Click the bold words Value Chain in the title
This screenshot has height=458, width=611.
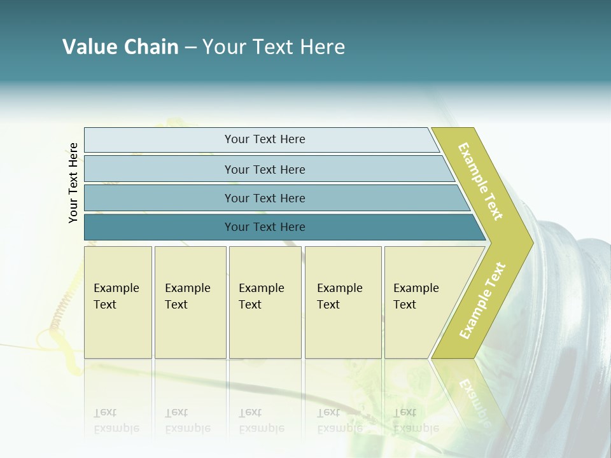pyautogui.click(x=120, y=47)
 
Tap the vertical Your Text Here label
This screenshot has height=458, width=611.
pyautogui.click(x=73, y=183)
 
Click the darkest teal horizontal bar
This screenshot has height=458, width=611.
pyautogui.click(x=159, y=227)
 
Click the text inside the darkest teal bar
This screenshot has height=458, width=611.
pyautogui.click(x=265, y=227)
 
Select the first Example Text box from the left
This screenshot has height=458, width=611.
pyautogui.click(x=118, y=302)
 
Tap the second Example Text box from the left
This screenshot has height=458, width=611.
pyautogui.click(x=190, y=302)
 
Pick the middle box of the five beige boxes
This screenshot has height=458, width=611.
pyautogui.click(x=265, y=302)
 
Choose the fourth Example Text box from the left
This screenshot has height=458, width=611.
pyautogui.click(x=343, y=302)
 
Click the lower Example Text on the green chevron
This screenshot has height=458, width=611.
pyautogui.click(x=482, y=300)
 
